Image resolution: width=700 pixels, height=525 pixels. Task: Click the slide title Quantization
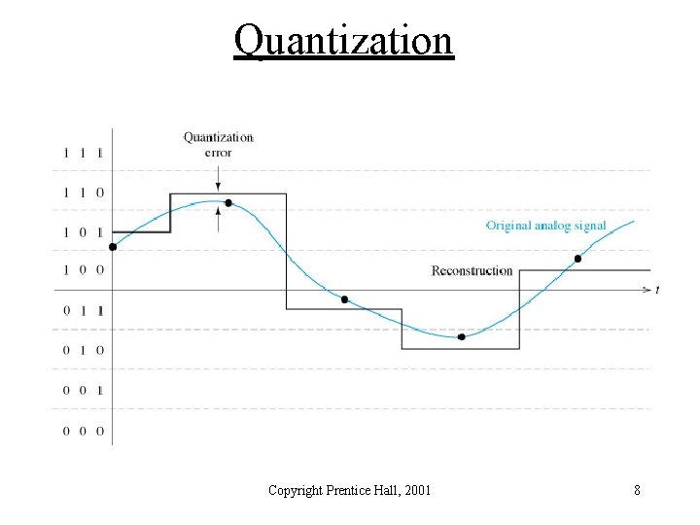click(x=343, y=41)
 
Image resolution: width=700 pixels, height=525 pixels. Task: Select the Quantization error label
click(x=219, y=144)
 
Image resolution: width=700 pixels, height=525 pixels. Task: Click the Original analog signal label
click(x=546, y=226)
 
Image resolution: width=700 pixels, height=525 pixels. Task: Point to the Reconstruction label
click(x=472, y=270)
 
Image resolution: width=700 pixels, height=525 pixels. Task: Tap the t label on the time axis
click(x=658, y=290)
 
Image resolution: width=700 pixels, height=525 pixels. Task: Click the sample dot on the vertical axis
click(x=112, y=247)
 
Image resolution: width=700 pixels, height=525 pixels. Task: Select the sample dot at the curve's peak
click(x=228, y=203)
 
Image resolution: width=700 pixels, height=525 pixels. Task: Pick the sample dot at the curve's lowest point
click(x=462, y=337)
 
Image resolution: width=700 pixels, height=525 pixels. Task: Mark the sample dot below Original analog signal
click(x=577, y=259)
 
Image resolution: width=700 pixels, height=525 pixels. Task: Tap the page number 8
click(x=637, y=490)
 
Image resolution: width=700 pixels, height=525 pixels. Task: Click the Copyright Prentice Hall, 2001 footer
click(x=349, y=490)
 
